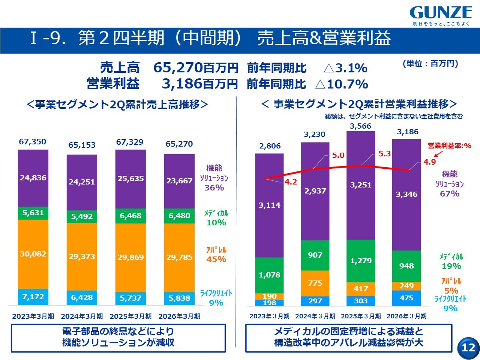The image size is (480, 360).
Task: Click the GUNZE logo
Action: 441,13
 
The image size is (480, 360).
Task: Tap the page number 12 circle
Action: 468,347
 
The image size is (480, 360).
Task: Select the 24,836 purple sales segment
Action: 33,178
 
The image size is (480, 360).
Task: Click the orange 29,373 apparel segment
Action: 82,257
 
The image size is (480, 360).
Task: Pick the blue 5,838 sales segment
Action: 179,298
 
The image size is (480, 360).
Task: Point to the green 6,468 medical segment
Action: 130,216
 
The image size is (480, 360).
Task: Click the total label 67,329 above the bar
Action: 130,142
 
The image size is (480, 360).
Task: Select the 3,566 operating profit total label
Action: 360,126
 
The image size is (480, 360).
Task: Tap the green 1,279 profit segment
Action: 361,261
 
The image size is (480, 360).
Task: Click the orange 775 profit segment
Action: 315,283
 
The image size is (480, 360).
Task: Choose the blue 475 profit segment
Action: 406,298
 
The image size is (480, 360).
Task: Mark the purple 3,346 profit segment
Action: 406,194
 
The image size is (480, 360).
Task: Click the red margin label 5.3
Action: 384,154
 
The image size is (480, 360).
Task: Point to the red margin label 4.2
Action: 291,182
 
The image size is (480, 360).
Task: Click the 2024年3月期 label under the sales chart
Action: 82,316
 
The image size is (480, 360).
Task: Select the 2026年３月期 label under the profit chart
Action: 406,316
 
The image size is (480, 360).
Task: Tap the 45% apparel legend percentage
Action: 216,259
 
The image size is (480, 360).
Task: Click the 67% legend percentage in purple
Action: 450,193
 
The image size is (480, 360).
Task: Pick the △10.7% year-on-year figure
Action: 342,84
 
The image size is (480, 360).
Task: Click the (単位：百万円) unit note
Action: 430,63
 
